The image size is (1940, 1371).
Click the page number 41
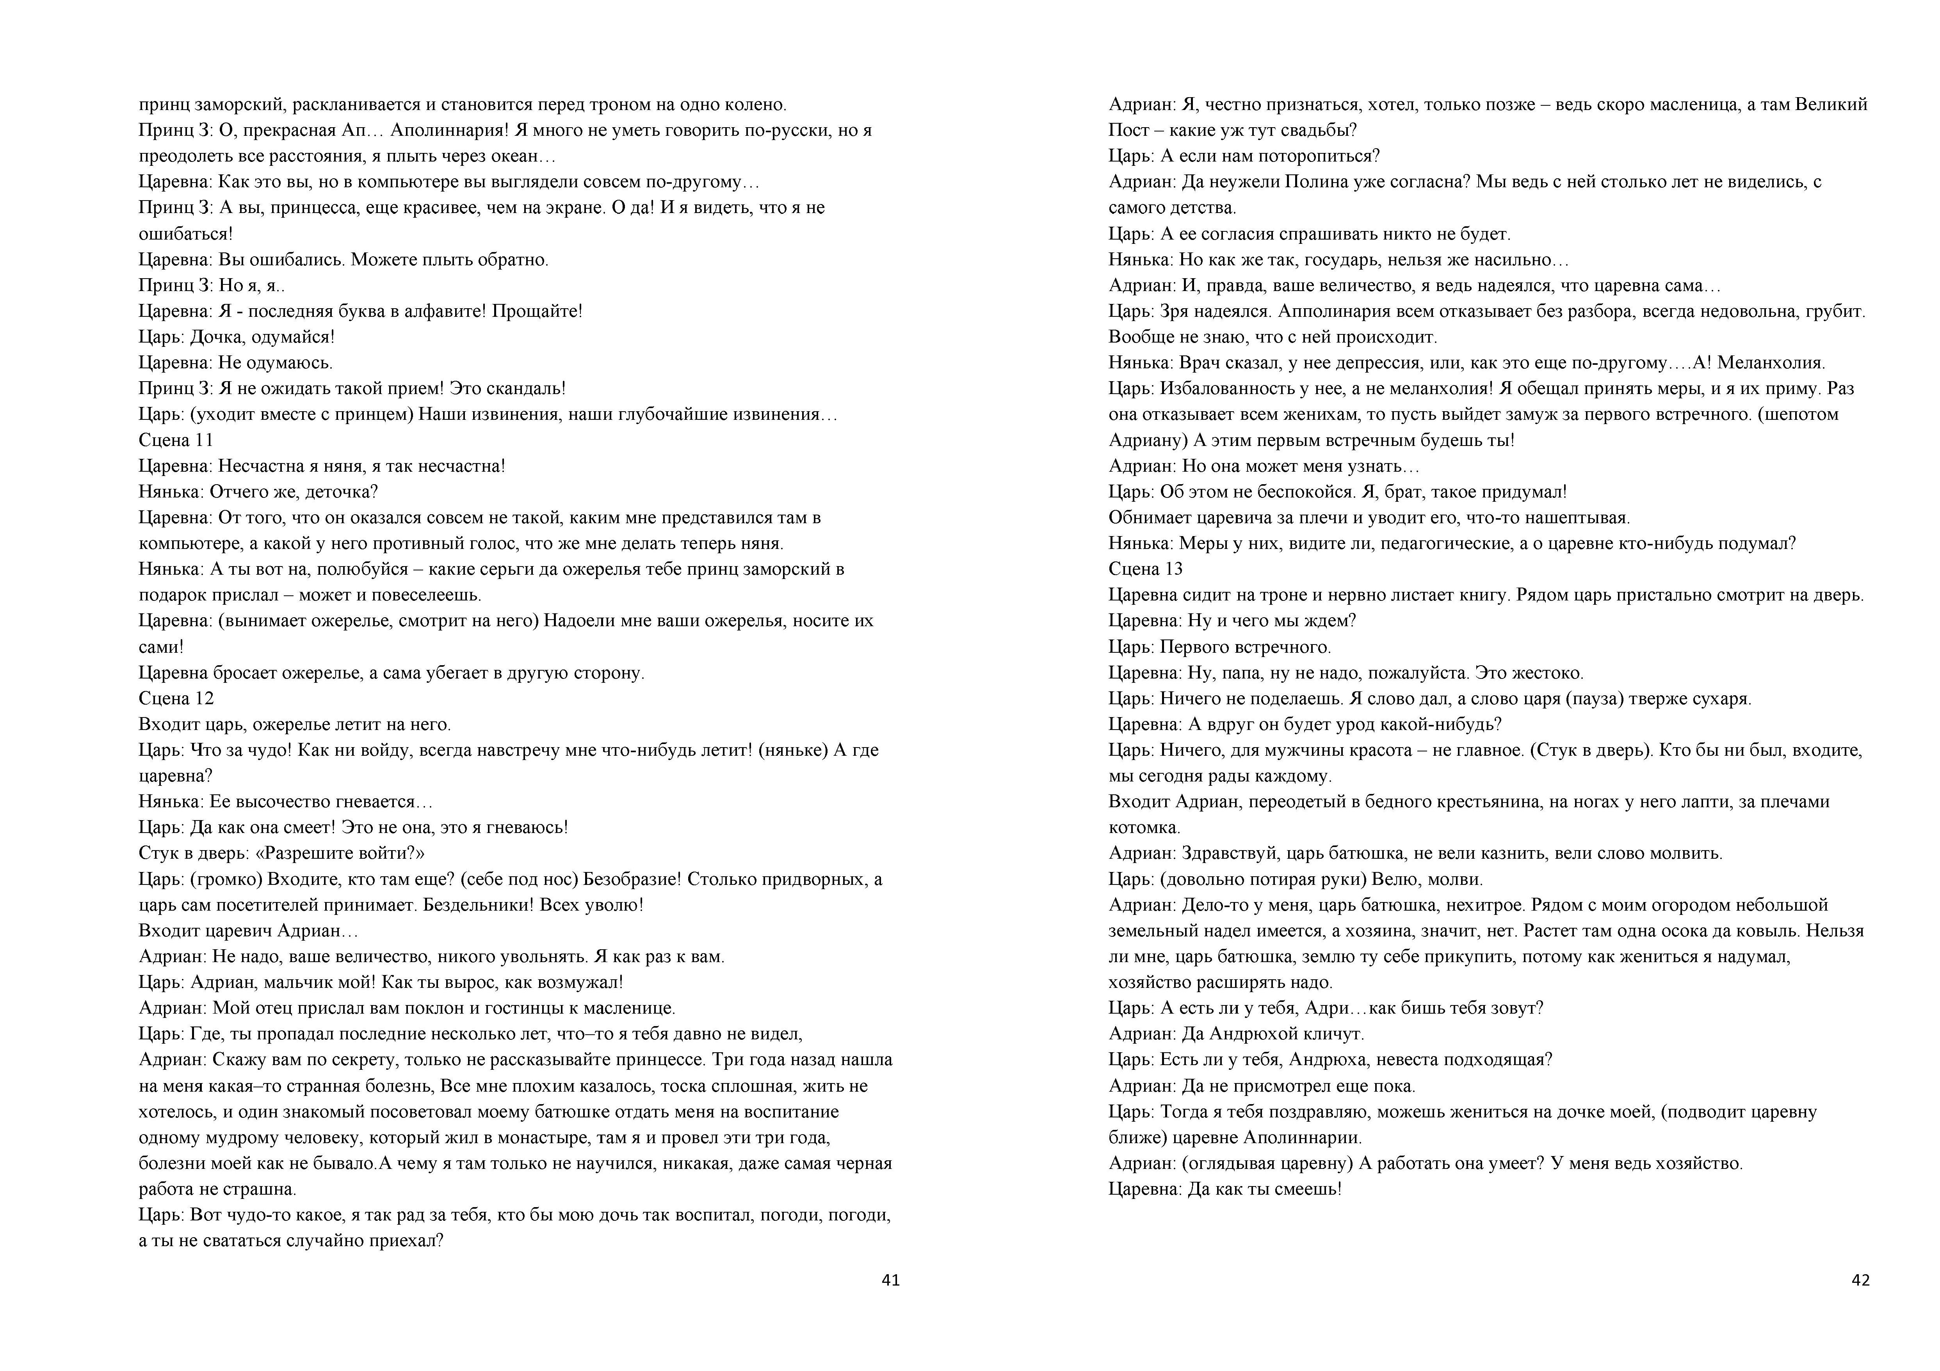(891, 1280)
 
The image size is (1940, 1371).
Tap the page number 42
(1861, 1280)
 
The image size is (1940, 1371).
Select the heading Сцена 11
(176, 440)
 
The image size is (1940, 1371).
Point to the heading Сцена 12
(176, 699)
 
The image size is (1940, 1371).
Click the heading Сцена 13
(1146, 569)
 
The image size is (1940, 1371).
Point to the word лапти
(1664, 802)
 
